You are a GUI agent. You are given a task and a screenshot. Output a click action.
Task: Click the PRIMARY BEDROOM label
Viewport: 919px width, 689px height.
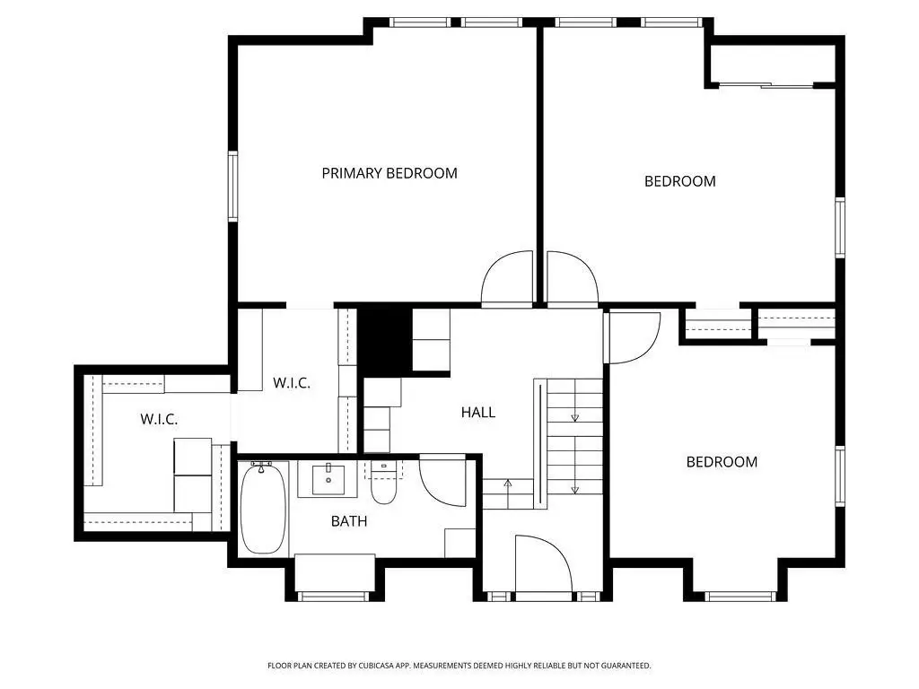[x=389, y=173]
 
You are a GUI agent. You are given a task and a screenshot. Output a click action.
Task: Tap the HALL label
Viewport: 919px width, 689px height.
[x=477, y=413]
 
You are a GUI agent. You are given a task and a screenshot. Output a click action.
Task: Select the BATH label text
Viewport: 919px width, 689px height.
[x=349, y=521]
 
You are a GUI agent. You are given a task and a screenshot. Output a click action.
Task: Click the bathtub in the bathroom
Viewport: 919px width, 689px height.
[x=263, y=509]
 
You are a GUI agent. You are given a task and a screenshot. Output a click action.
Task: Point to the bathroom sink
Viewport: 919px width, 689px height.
[x=328, y=479]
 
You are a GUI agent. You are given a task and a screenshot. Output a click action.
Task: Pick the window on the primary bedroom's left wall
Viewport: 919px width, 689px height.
[x=232, y=187]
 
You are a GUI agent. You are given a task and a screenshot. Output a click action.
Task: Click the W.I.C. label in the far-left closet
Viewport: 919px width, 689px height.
[x=159, y=420]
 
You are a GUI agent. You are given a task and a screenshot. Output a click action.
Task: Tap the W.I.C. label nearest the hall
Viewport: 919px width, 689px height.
[x=292, y=383]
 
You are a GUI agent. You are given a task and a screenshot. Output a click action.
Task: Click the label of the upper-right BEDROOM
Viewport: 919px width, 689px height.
[x=680, y=181]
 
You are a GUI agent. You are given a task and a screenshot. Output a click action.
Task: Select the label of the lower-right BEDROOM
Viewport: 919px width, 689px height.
[x=722, y=462]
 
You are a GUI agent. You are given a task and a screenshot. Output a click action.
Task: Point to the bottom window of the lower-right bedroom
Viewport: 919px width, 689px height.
[x=740, y=597]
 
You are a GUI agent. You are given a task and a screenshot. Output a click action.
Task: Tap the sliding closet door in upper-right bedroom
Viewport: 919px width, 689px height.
[x=766, y=86]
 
